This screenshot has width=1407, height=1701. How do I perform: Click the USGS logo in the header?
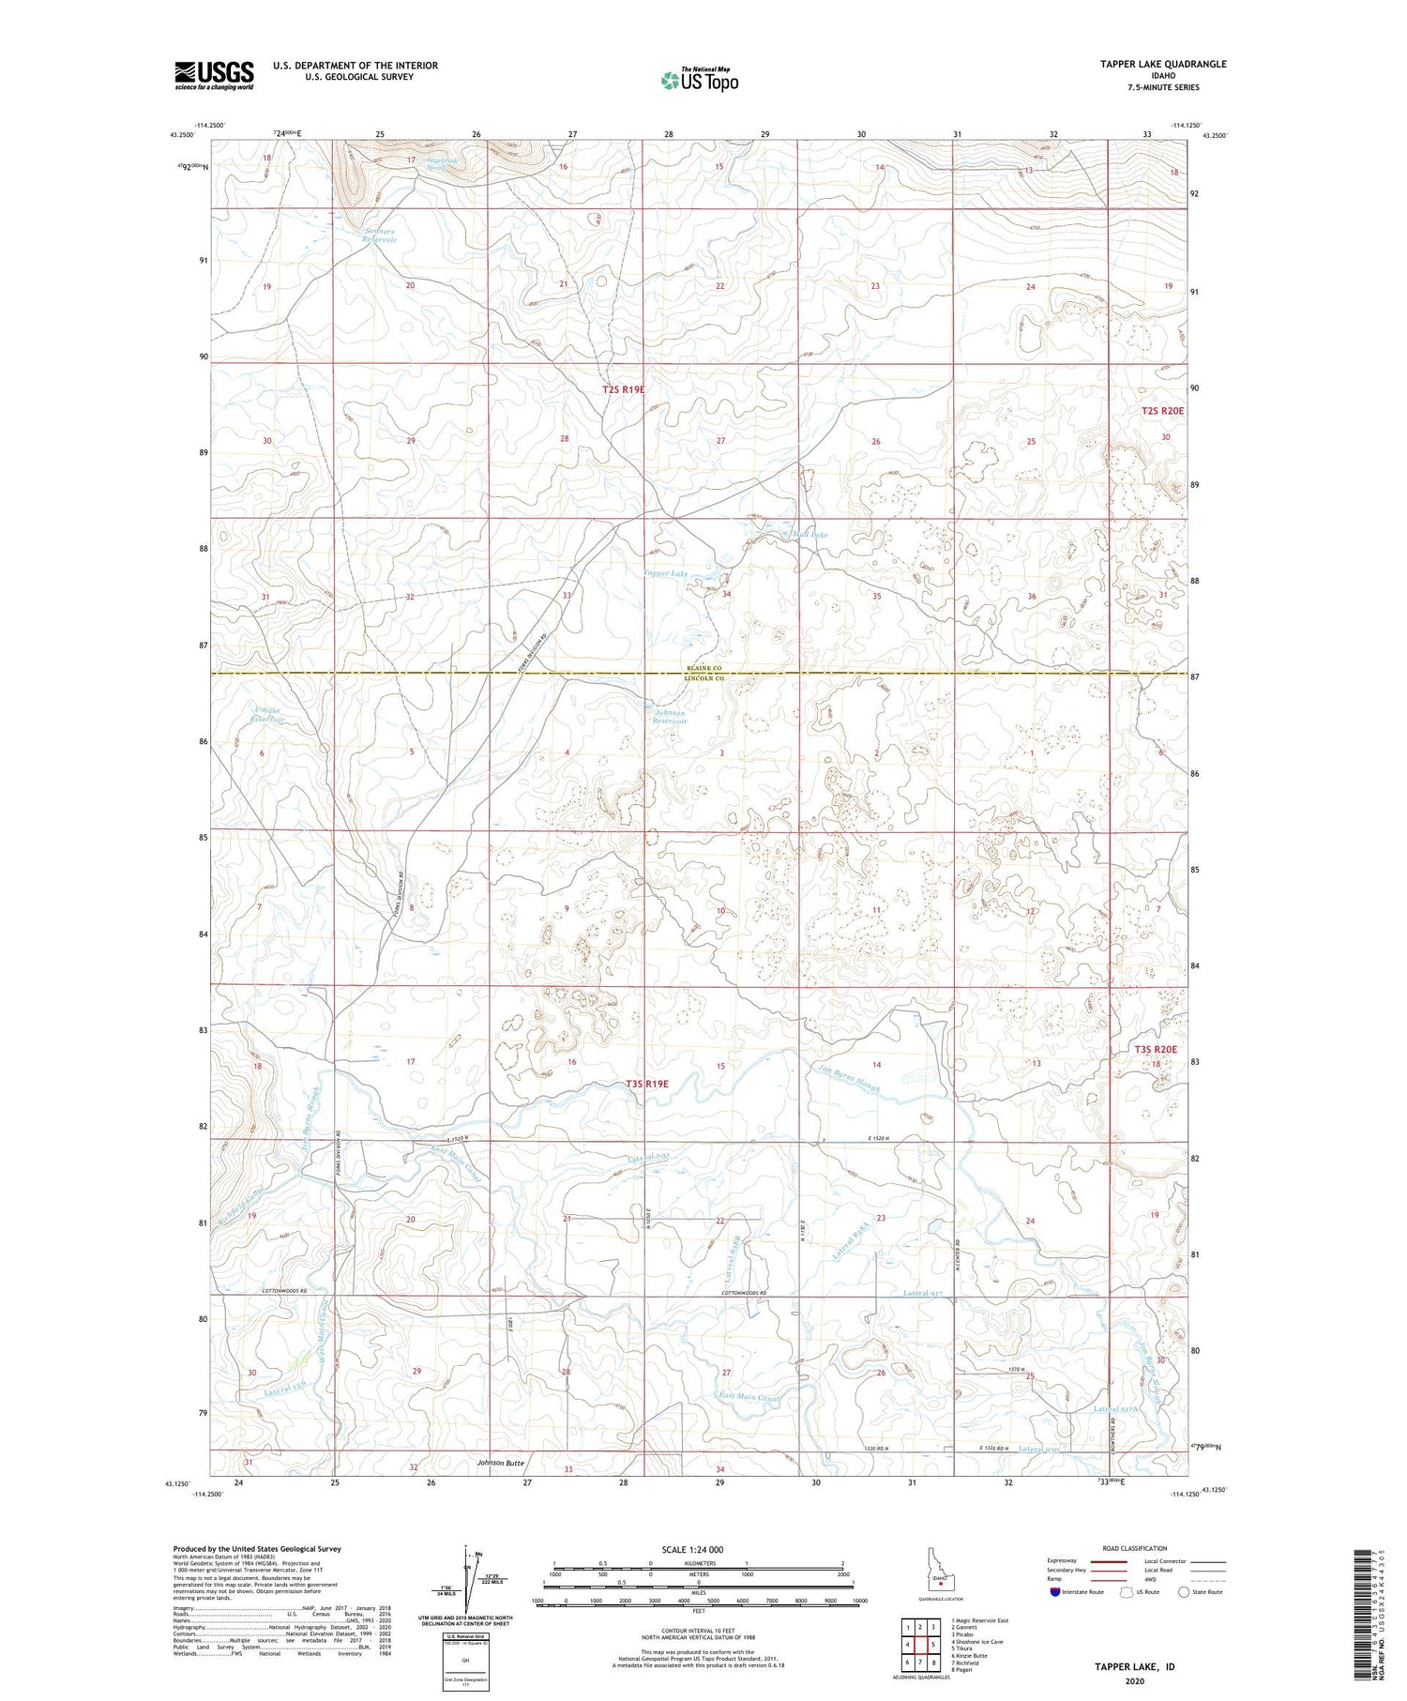click(x=214, y=75)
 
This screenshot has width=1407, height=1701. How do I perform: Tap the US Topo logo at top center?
click(x=699, y=80)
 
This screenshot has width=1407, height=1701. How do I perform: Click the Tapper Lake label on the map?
click(x=666, y=573)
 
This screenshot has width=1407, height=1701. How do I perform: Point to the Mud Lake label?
click(x=809, y=535)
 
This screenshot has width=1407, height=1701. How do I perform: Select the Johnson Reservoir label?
click(x=671, y=717)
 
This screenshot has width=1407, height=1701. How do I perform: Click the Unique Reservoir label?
click(x=266, y=715)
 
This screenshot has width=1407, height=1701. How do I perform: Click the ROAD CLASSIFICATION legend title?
click(x=1135, y=1548)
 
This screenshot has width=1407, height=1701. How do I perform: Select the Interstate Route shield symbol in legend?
click(x=1055, y=1592)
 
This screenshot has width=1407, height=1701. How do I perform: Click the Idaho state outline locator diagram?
click(x=938, y=1569)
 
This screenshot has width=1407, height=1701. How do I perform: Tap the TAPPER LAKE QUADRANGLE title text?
click(x=1163, y=64)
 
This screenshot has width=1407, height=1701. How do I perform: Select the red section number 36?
click(x=1032, y=597)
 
